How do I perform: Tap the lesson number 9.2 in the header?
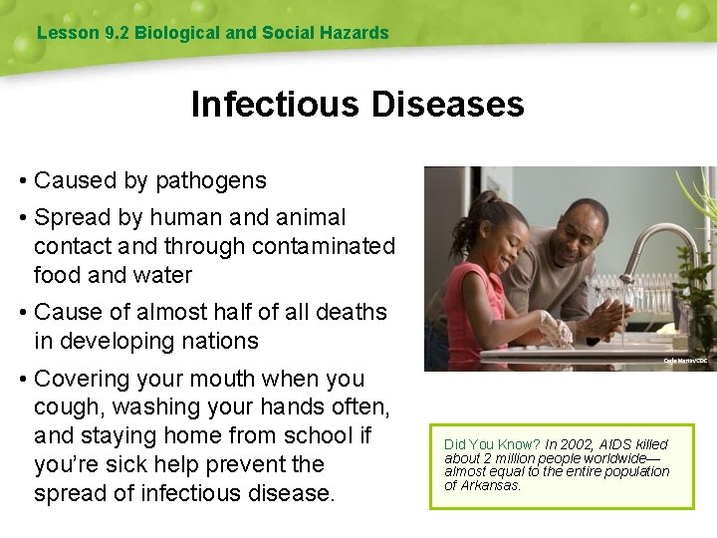[x=116, y=33]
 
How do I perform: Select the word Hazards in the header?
[x=353, y=33]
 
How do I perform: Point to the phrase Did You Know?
[x=492, y=444]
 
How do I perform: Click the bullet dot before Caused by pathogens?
[x=22, y=181]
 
